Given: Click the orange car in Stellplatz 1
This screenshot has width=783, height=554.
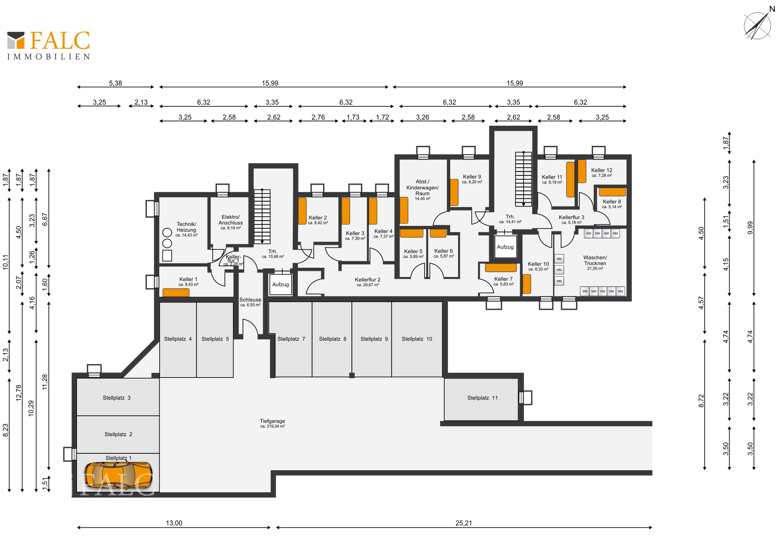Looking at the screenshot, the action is click(118, 476).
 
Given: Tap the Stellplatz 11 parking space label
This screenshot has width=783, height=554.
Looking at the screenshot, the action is click(482, 398).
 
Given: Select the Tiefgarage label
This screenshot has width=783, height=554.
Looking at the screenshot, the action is click(272, 423).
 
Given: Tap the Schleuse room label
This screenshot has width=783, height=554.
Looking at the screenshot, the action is click(250, 302).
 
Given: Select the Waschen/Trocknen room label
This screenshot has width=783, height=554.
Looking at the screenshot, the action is click(595, 263).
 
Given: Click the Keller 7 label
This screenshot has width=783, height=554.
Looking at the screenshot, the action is click(504, 281).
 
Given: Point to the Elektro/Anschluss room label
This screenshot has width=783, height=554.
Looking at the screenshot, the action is click(230, 222).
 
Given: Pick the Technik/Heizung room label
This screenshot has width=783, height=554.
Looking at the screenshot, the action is click(186, 229).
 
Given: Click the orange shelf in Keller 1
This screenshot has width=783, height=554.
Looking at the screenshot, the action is click(176, 293).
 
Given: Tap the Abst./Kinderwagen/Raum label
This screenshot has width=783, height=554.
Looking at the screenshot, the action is click(422, 190).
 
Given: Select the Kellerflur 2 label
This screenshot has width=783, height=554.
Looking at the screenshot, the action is click(367, 282).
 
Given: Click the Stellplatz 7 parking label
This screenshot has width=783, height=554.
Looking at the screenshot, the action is click(291, 339).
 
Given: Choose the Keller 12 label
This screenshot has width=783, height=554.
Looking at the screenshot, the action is click(602, 172).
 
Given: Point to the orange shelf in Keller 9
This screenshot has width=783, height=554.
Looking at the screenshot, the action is click(454, 193).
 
